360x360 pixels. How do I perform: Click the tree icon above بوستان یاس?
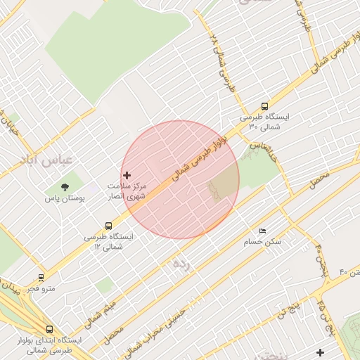pos(65,188)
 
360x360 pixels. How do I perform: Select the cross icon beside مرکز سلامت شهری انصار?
pos(127,175)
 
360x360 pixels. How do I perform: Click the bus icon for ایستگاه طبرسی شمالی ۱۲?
pos(108,226)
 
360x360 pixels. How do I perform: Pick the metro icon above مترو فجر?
pos(41,278)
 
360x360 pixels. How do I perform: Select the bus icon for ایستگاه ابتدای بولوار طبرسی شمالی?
pos(49,328)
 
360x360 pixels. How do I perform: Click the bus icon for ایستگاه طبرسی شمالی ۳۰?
pos(264,107)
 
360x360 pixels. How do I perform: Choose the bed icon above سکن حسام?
pos(262,231)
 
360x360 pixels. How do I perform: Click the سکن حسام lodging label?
pos(262,241)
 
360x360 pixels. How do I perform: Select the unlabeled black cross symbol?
pos(321,352)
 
